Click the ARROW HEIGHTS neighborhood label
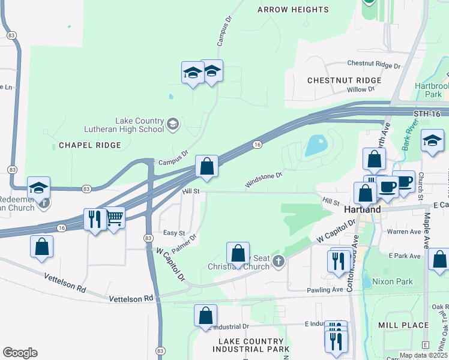tap(293, 10)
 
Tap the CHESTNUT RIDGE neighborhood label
tap(344, 80)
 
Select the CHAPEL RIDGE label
tap(90, 145)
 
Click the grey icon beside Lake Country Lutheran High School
tap(173, 124)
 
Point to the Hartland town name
tap(363, 210)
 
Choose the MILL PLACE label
tap(403, 325)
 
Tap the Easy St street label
tap(174, 233)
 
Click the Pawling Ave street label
tap(326, 289)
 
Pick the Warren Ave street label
tap(404, 232)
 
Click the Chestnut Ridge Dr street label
tap(373, 64)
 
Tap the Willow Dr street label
tap(361, 89)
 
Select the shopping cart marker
tap(114, 218)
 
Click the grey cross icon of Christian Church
tap(277, 261)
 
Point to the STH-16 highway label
tap(427, 113)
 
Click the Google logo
tap(20, 353)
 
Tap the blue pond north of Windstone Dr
tap(316, 145)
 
